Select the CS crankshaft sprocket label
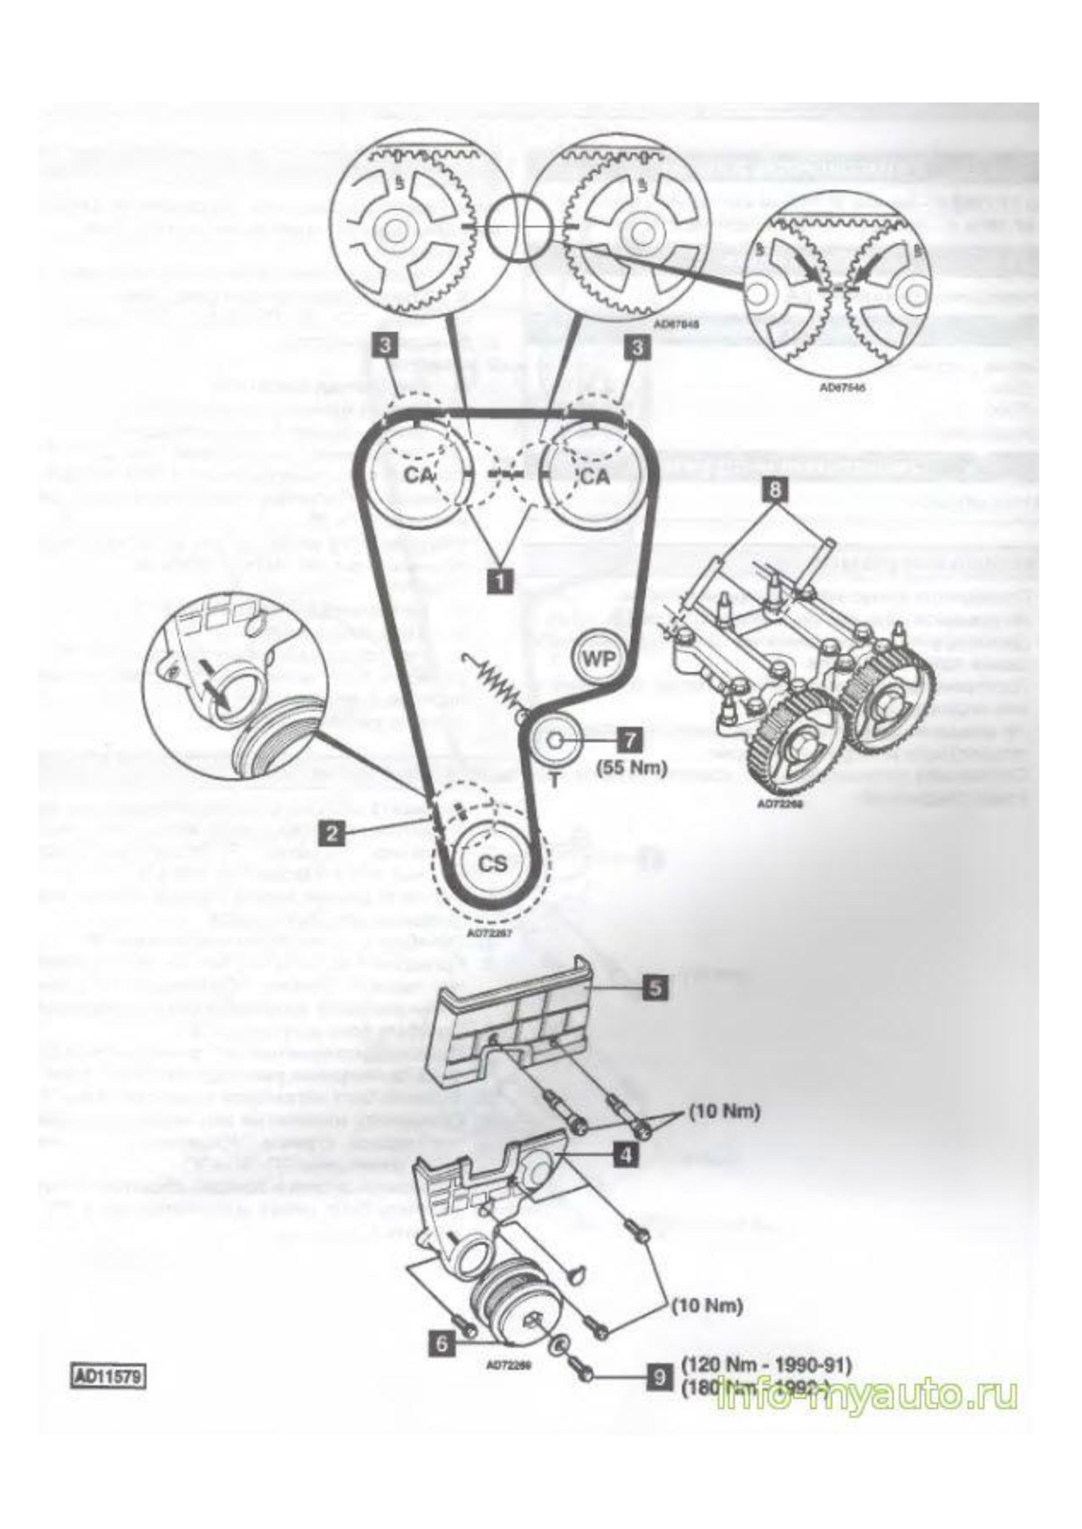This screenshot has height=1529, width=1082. (492, 862)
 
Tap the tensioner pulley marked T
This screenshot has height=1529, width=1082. (555, 740)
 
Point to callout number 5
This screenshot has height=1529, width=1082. (655, 987)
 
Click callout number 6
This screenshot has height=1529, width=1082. (441, 1343)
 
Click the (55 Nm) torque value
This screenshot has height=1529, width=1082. (632, 768)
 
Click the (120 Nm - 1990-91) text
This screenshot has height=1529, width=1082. (766, 1365)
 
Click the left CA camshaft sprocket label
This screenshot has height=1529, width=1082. (419, 475)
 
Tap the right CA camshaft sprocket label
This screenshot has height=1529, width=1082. (594, 476)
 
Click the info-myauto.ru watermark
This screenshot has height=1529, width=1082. (867, 1395)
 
